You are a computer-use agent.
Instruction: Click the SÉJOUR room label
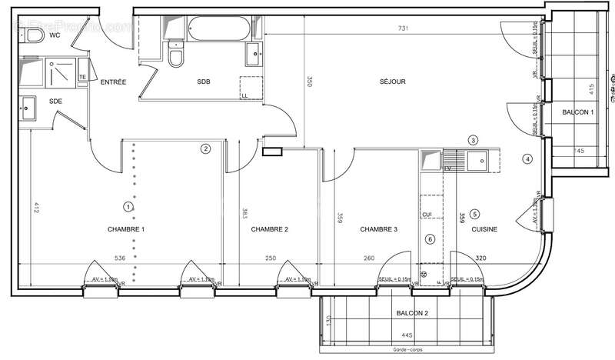click(392, 82)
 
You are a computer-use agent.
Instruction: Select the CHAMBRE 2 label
click(270, 229)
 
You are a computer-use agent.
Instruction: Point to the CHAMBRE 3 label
click(379, 229)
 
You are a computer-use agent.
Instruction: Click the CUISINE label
click(484, 229)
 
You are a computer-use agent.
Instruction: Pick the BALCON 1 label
click(578, 112)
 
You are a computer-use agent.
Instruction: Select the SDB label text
click(204, 82)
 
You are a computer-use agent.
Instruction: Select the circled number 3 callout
click(474, 140)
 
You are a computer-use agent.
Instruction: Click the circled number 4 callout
click(527, 159)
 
